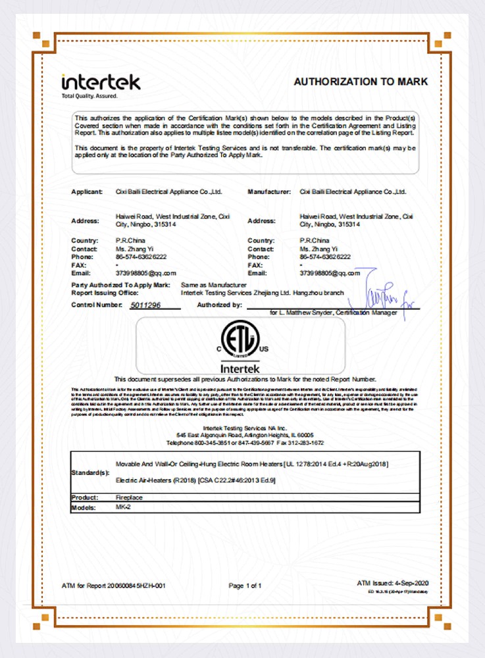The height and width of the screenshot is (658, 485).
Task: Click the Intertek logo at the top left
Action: pos(101,82)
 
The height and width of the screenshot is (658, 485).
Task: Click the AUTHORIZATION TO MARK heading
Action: pos(361,82)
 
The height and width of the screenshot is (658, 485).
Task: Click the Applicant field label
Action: pos(87,191)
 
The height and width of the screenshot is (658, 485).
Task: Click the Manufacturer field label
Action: pos(269,191)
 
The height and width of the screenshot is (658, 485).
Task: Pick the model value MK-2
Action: pos(122,508)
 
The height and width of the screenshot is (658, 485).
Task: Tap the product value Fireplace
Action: pos(128,497)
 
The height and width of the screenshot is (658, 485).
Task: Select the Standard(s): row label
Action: pos(90,473)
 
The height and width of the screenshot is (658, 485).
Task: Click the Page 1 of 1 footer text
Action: pos(245,585)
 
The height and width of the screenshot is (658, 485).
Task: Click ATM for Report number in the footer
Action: pos(113,585)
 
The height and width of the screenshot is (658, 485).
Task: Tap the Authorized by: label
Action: pos(220,305)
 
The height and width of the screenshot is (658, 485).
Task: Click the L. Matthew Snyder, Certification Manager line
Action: pos(334,313)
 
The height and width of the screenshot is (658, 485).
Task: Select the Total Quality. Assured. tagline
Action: pos(89,96)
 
